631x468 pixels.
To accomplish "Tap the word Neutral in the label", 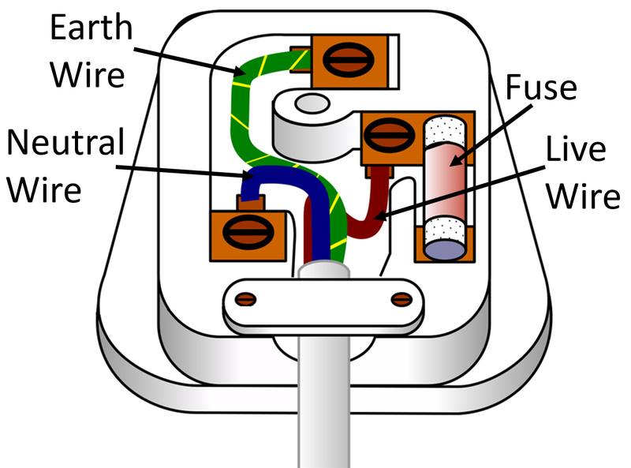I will point(66,143).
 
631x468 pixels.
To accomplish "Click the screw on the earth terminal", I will point(345,60).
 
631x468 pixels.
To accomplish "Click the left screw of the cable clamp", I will point(247,298).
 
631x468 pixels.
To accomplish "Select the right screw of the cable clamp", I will point(401,298).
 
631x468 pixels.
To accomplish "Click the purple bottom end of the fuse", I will point(445,247).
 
